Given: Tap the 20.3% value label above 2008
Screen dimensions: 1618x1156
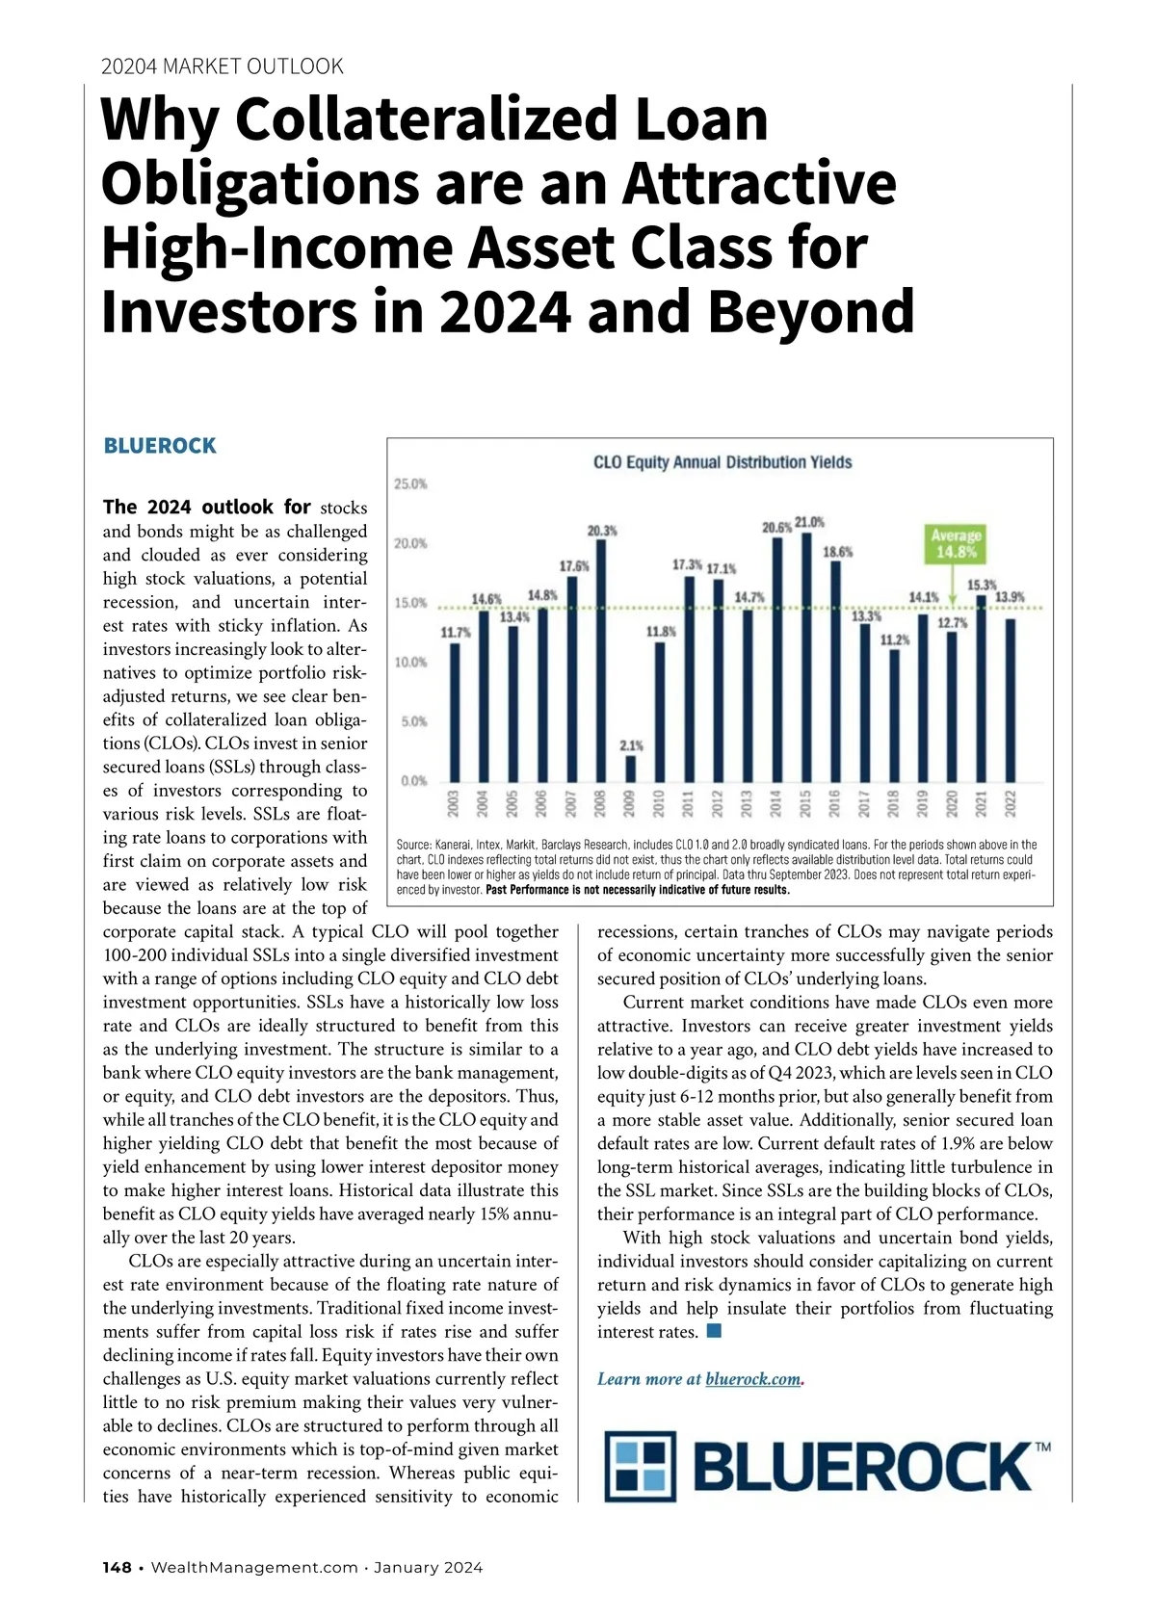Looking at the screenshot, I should [x=602, y=531].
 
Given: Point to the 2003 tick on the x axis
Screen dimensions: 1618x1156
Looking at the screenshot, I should [x=454, y=802].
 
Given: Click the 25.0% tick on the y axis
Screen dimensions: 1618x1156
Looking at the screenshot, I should [x=411, y=483].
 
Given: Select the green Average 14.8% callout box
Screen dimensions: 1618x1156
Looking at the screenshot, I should [x=955, y=544].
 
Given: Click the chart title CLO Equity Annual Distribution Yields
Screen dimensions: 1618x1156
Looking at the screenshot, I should [x=722, y=462].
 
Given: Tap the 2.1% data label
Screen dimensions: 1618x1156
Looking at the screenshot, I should [x=631, y=745].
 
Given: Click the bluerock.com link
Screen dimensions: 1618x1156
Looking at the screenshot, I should [x=752, y=1379].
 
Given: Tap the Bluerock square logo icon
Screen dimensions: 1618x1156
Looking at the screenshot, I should [x=641, y=1467].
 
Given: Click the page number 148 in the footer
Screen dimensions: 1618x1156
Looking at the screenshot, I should [x=117, y=1568].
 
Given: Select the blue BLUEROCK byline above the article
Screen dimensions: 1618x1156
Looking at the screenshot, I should [x=160, y=446].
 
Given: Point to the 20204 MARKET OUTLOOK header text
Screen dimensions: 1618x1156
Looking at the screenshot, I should [x=222, y=66].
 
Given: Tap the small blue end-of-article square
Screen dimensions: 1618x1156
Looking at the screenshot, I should [x=714, y=1331].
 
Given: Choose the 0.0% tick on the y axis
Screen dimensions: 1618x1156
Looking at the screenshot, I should [x=413, y=781].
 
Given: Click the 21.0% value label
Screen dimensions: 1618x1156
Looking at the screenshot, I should [x=809, y=522].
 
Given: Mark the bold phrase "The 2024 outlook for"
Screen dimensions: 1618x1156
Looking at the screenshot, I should [x=206, y=507].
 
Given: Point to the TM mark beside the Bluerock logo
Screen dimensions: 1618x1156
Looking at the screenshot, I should [x=1042, y=1447].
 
